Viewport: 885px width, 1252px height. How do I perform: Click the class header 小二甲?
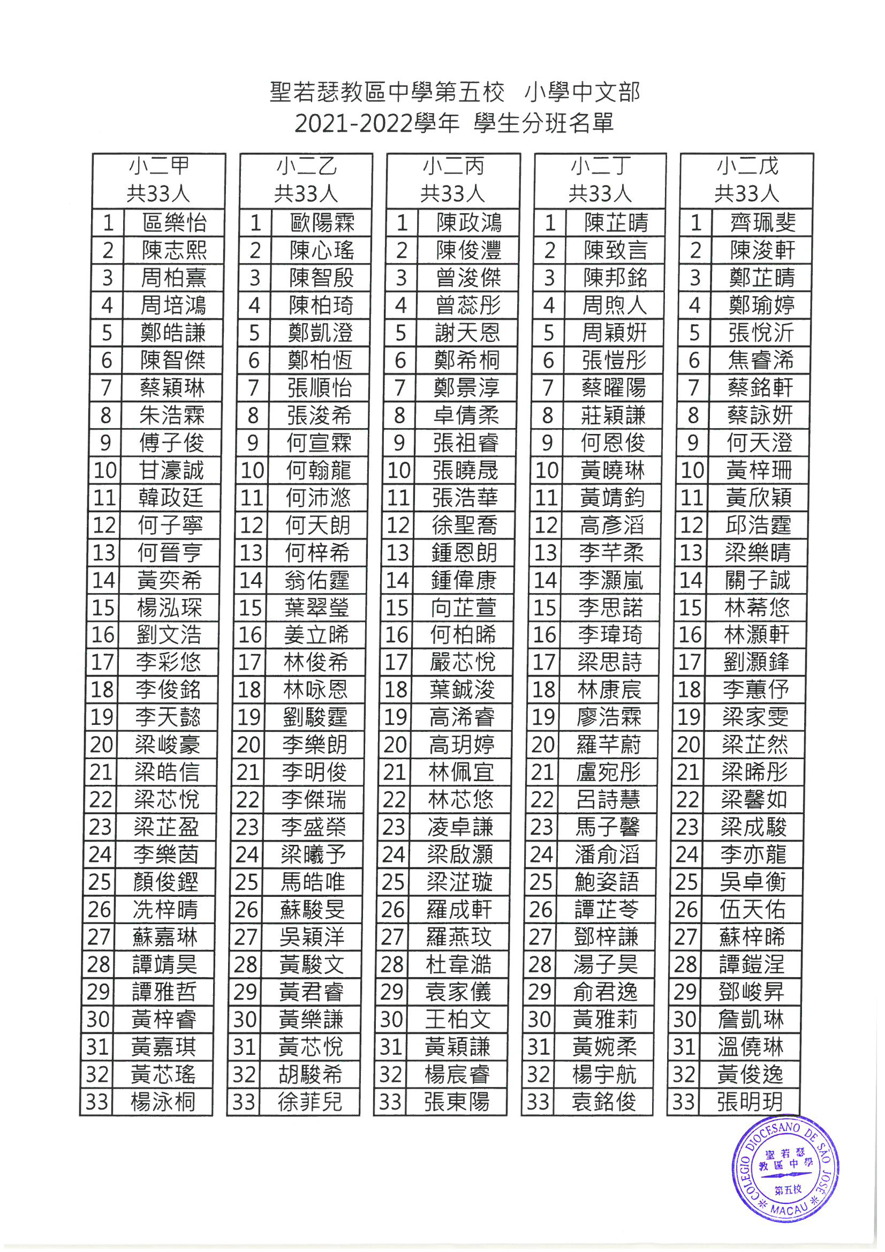point(158,166)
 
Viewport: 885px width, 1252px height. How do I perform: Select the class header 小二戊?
point(747,166)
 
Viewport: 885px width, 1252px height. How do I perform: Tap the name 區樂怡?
point(174,223)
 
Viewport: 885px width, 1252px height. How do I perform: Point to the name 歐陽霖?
point(322,223)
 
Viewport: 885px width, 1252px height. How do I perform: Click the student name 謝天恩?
point(467,333)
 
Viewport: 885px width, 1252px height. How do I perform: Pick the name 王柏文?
point(458,1019)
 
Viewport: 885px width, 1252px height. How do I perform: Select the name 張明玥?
point(750,1101)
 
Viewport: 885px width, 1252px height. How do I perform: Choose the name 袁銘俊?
point(604,1101)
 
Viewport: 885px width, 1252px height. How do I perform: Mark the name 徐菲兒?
point(309,1101)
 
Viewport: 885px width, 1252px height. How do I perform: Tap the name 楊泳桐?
point(162,1101)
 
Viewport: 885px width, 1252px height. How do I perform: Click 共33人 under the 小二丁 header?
point(600,193)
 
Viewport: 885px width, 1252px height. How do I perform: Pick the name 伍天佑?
point(753,909)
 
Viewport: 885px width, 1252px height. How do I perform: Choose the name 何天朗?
point(317,525)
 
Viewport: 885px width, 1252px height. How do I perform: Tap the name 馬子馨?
point(607,827)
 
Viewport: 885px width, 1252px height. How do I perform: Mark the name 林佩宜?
point(461,772)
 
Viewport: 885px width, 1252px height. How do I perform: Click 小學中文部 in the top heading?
point(582,92)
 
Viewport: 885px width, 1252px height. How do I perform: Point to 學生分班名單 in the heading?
point(544,124)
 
